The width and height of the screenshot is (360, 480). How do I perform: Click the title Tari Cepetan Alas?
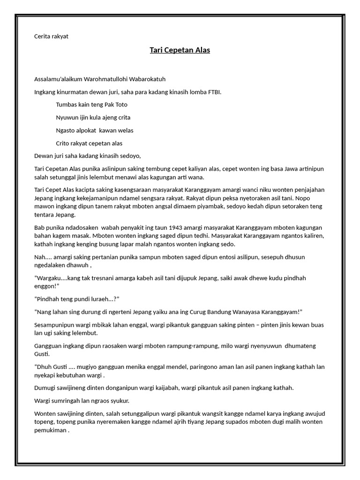click(x=180, y=50)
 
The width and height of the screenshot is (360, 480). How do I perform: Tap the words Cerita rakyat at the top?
click(x=52, y=36)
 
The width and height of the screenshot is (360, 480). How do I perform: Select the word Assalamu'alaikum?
click(x=58, y=79)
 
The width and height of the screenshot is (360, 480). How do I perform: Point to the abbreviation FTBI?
click(x=214, y=92)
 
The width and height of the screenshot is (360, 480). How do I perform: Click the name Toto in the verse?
click(x=120, y=105)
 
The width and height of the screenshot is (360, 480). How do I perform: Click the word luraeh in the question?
click(x=99, y=299)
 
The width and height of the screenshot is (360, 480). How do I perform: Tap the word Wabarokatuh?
click(x=145, y=79)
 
